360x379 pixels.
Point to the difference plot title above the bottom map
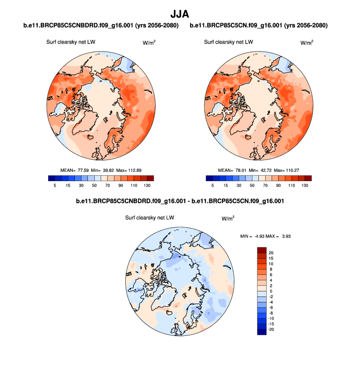coord(180,201)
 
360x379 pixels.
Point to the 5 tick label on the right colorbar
coord(213,185)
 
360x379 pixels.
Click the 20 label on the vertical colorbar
coord(271,252)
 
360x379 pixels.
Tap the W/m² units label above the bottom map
coord(228,217)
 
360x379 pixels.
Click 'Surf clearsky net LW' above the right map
coord(228,42)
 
